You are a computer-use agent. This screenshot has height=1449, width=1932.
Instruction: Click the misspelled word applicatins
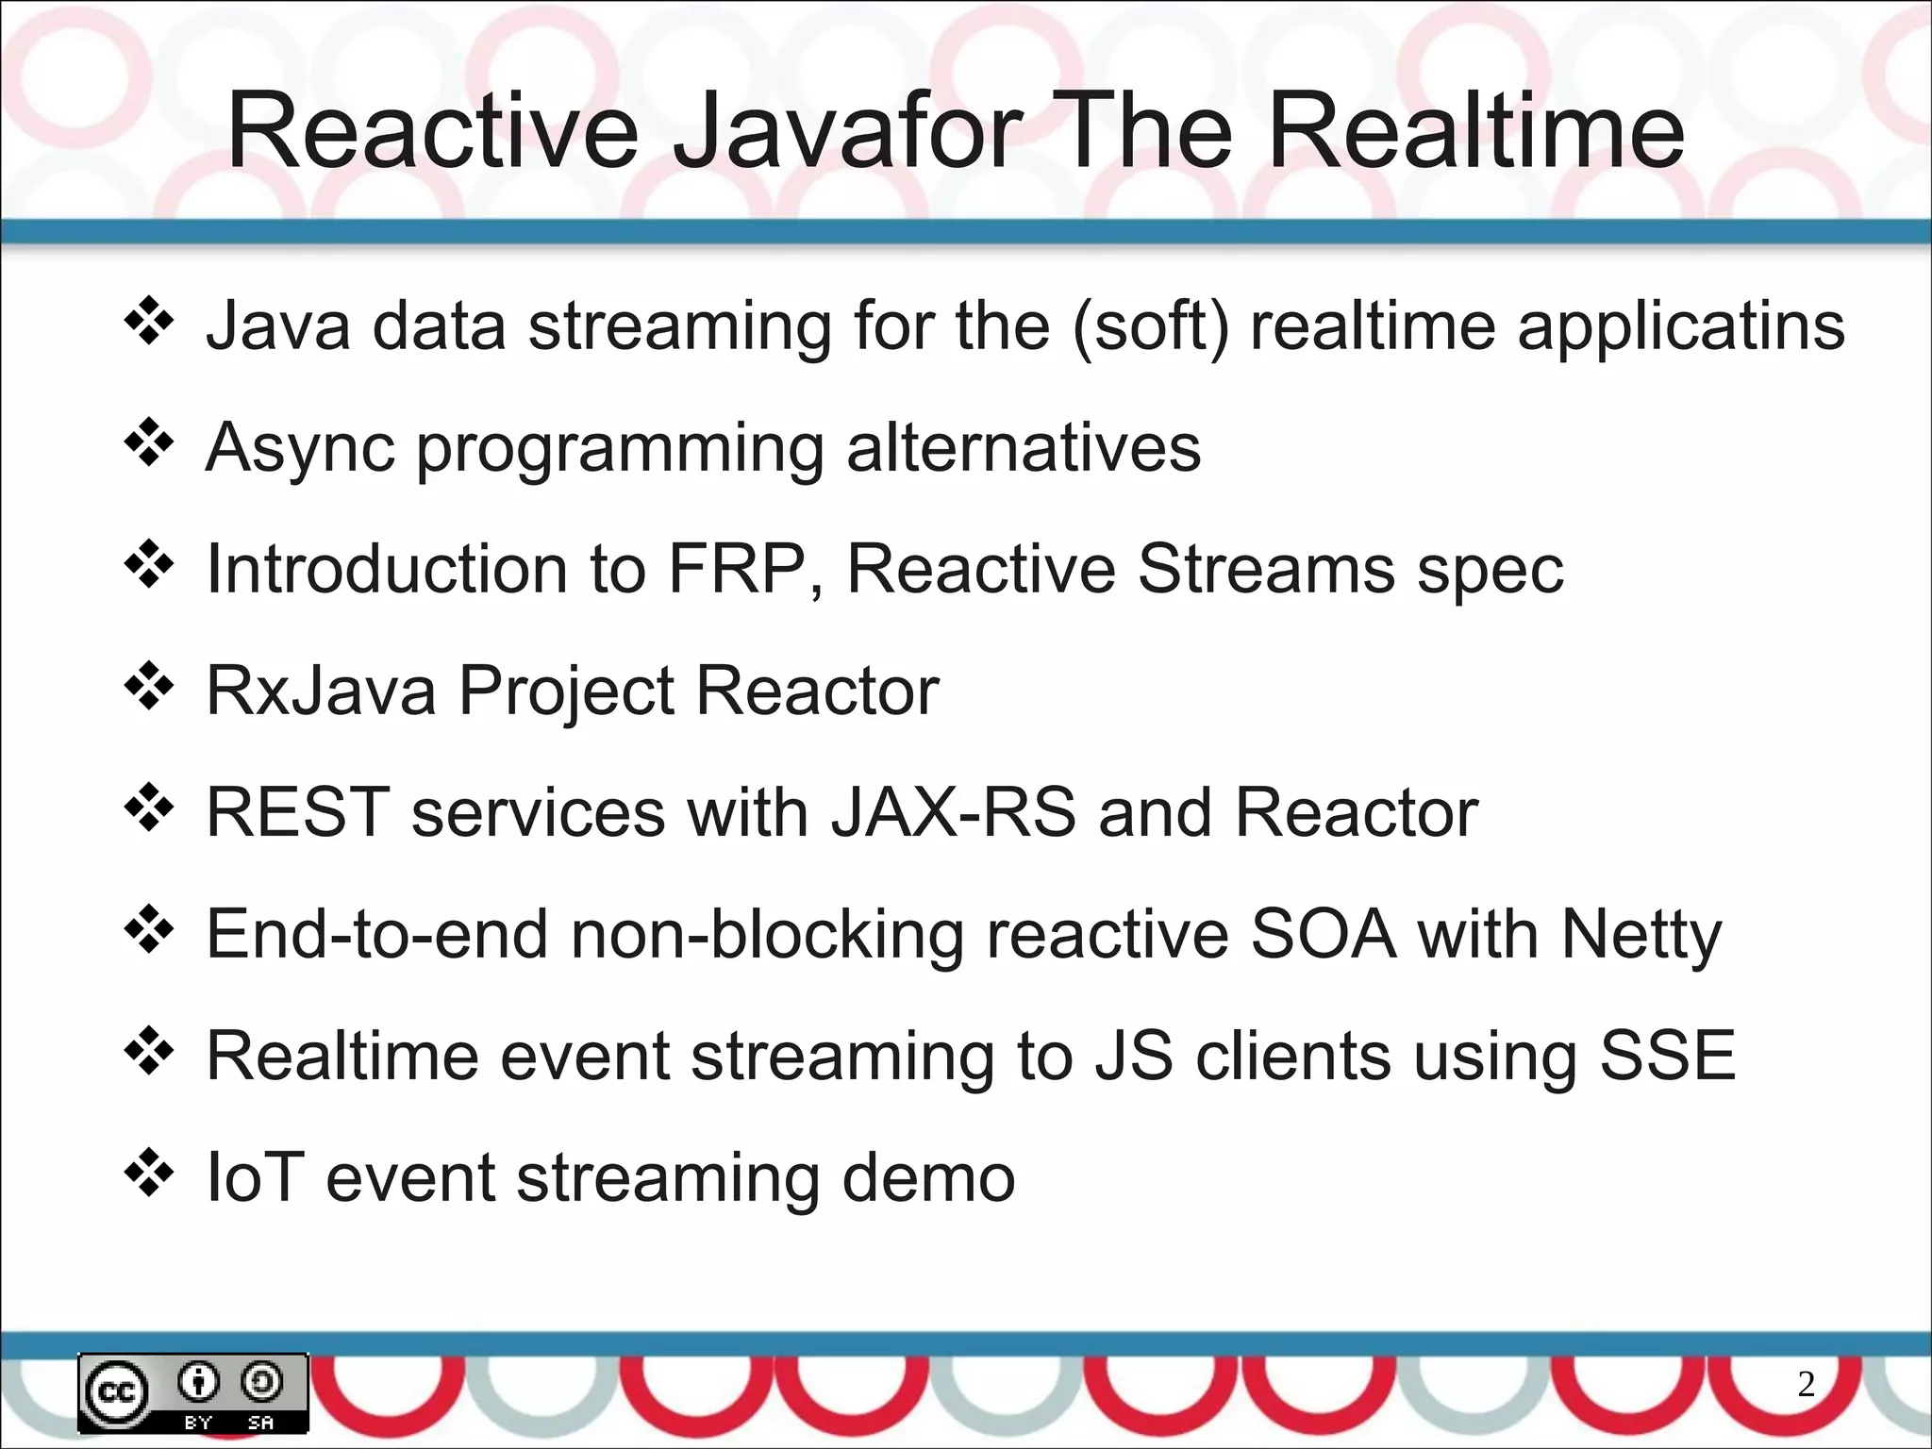click(x=1680, y=325)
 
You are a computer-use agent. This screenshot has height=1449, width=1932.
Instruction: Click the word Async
click(x=299, y=448)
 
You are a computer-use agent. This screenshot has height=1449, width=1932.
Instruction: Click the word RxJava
click(x=321, y=691)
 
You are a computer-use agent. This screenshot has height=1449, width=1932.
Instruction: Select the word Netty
click(x=1641, y=935)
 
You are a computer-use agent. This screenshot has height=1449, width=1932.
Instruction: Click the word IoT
click(x=255, y=1178)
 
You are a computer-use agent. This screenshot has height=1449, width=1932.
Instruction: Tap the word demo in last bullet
click(x=928, y=1178)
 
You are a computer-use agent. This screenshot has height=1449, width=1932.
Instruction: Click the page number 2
click(x=1806, y=1384)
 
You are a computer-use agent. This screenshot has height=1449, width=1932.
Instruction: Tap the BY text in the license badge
click(x=198, y=1422)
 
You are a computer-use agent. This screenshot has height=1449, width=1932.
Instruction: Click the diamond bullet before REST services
click(x=149, y=809)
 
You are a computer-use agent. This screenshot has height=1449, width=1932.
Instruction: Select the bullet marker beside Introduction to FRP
click(x=149, y=566)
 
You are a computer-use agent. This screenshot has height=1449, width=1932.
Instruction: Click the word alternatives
click(x=1024, y=448)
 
